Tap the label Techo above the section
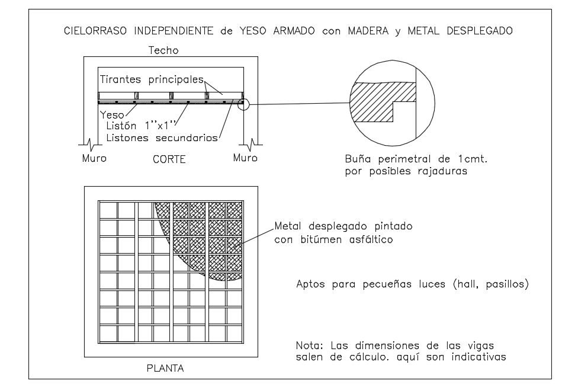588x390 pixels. [163, 51]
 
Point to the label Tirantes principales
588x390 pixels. [152, 79]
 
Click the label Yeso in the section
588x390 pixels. [112, 115]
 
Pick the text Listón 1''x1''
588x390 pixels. [142, 126]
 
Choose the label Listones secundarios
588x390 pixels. [162, 138]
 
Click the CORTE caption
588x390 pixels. [169, 159]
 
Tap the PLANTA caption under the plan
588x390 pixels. [165, 368]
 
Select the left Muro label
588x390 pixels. [94, 159]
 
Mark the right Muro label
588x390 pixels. [245, 158]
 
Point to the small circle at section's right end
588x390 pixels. [243, 104]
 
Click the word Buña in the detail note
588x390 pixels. [357, 159]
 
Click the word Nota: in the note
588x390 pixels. [309, 345]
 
